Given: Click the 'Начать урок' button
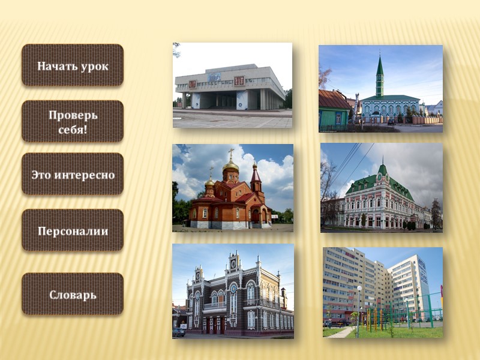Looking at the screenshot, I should point(73,65).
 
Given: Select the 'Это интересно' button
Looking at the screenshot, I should point(73,175).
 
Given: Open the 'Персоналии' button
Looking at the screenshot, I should point(73,230).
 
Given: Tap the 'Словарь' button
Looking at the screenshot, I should point(73,295).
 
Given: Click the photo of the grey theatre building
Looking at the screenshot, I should point(232,85).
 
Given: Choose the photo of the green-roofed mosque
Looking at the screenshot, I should point(380,88).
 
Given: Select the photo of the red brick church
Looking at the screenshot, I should point(232,188).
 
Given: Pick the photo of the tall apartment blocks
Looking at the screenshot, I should point(382,292).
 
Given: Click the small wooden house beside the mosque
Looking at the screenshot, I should point(333,110).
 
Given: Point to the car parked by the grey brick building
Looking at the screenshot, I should point(179,332).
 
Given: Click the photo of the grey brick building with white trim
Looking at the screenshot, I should point(233,291).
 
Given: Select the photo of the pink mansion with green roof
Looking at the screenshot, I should point(381,187).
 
